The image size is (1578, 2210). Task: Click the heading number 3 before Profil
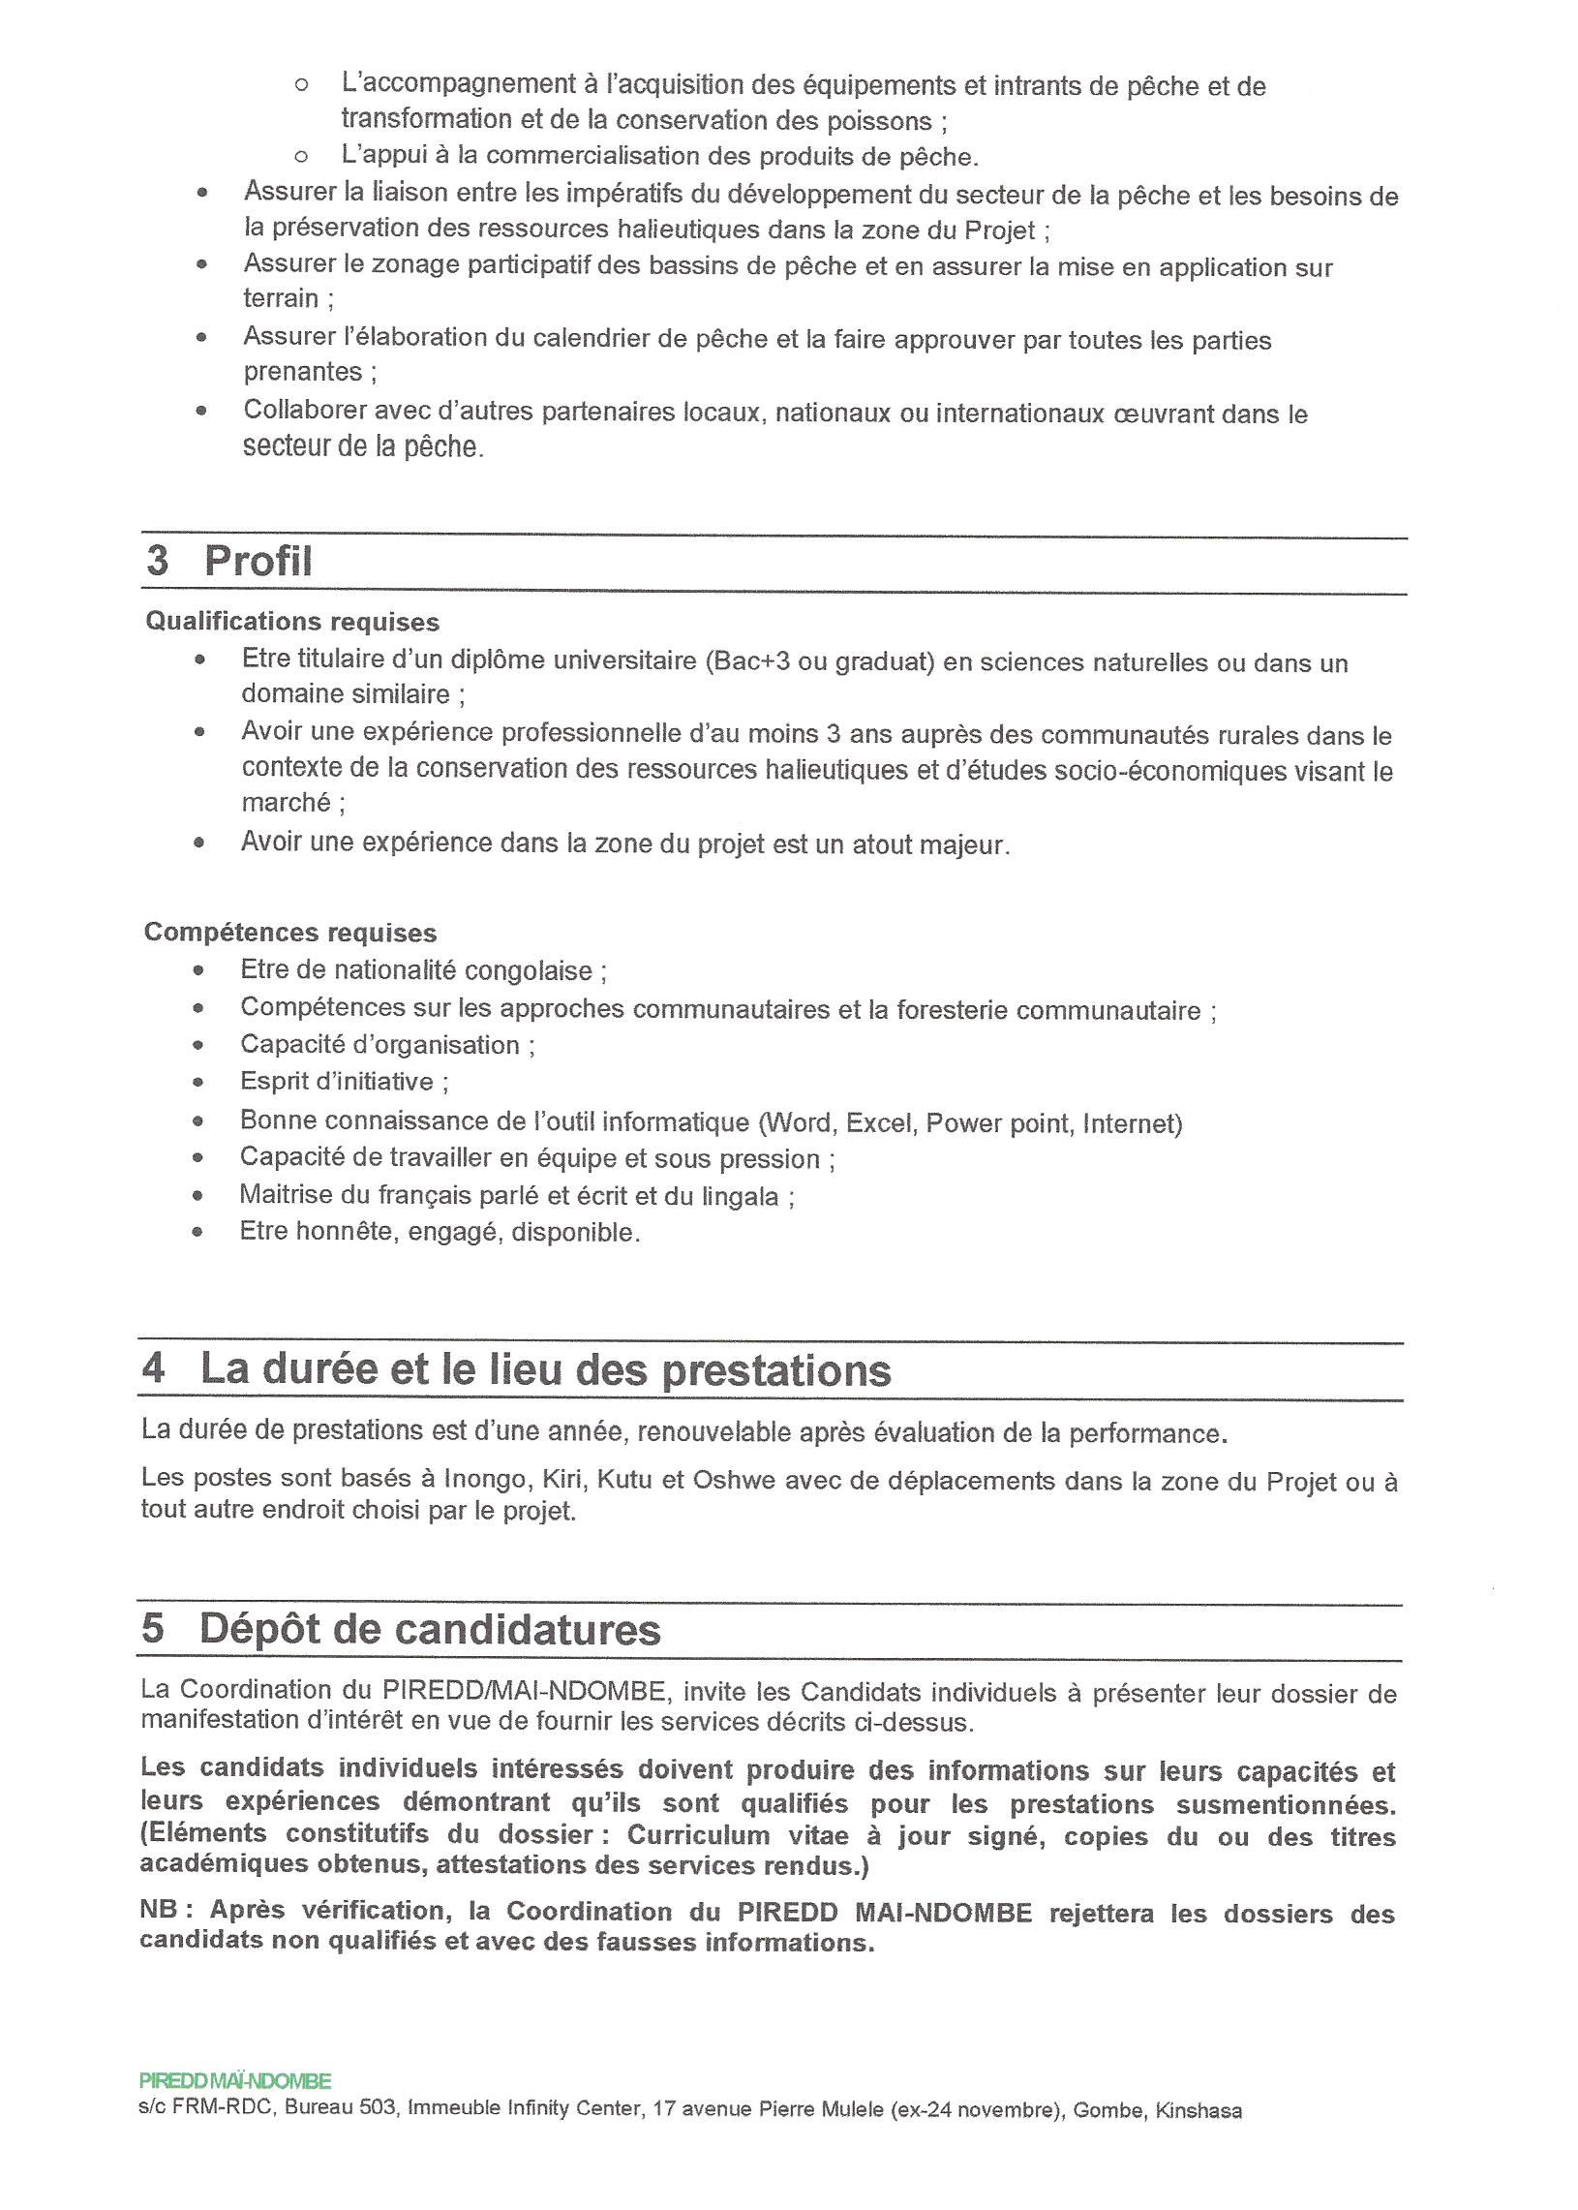pos(158,562)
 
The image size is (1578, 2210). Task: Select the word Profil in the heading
pos(258,562)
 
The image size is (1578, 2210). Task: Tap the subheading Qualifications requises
pos(291,622)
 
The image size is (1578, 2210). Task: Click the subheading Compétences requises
pos(289,933)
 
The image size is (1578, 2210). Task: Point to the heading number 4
pos(154,1369)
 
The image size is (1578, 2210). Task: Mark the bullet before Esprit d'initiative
pos(198,1083)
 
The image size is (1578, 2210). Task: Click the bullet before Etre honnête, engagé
pos(198,1232)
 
